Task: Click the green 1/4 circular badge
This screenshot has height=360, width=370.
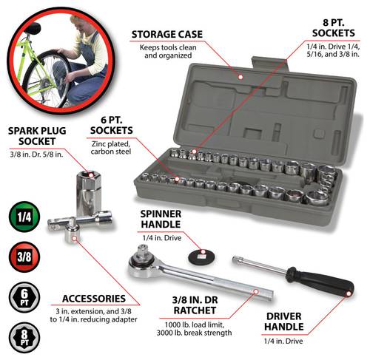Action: pyautogui.click(x=24, y=217)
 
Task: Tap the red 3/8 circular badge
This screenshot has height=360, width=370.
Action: pyautogui.click(x=24, y=257)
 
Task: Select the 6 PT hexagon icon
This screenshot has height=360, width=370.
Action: pyautogui.click(x=24, y=297)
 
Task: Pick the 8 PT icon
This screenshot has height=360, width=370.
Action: pyautogui.click(x=24, y=337)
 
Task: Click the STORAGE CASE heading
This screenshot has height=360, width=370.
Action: pyautogui.click(x=167, y=35)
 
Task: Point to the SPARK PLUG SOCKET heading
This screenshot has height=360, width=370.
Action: pyautogui.click(x=37, y=136)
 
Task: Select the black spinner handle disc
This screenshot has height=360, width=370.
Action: pyautogui.click(x=201, y=257)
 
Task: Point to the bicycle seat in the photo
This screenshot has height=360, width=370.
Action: pyautogui.click(x=33, y=28)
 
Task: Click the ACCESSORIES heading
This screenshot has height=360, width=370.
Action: pyautogui.click(x=94, y=299)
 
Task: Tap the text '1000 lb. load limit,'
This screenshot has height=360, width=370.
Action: pyautogui.click(x=195, y=325)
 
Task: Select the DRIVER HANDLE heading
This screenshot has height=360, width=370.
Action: pyautogui.click(x=284, y=322)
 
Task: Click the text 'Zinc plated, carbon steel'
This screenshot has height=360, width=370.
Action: pyautogui.click(x=111, y=148)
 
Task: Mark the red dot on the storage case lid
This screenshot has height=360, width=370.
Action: pyautogui.click(x=240, y=77)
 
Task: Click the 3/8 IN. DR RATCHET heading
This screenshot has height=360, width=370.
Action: pyautogui.click(x=195, y=305)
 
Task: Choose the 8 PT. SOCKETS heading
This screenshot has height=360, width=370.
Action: pyautogui.click(x=333, y=28)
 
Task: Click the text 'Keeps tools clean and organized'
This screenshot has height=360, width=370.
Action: pyautogui.click(x=168, y=52)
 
